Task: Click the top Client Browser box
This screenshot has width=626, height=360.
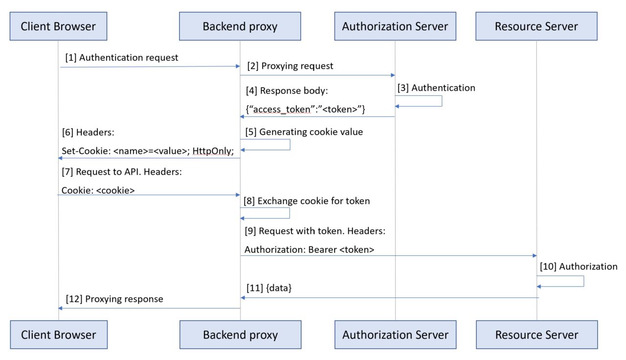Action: pos(58,26)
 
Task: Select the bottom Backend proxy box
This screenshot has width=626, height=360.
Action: pos(240,335)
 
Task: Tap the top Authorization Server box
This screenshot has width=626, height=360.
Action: pos(395,26)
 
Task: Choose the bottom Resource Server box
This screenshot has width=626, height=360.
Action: pos(537,335)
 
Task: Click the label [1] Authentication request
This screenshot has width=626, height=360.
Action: pos(122,58)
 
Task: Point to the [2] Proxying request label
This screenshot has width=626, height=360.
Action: pos(290,66)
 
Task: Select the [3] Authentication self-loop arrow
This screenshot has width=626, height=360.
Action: pos(441,101)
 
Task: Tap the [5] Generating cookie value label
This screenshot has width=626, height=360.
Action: pos(304,132)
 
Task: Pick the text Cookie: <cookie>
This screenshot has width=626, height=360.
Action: pos(98,191)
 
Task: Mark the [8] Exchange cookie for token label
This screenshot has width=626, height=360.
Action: pos(307,201)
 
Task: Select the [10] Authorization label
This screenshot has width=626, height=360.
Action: pos(579,267)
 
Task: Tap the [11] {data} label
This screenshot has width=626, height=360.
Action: pos(268,289)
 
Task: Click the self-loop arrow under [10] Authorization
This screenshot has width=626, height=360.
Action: pos(583,281)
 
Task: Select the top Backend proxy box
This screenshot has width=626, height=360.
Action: pos(240,26)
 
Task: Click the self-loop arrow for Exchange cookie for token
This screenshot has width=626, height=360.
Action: pos(289,213)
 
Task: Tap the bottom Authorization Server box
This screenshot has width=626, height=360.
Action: pos(395,335)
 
